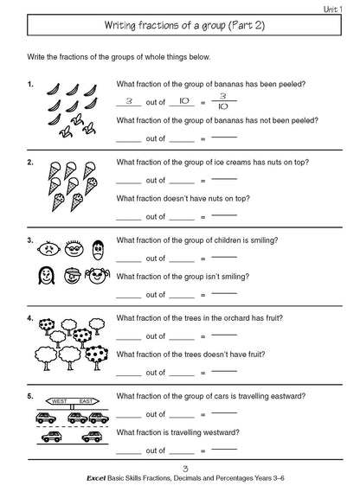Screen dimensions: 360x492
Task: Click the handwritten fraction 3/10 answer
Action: (x=222, y=100)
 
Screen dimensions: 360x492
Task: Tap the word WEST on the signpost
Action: (x=59, y=401)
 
